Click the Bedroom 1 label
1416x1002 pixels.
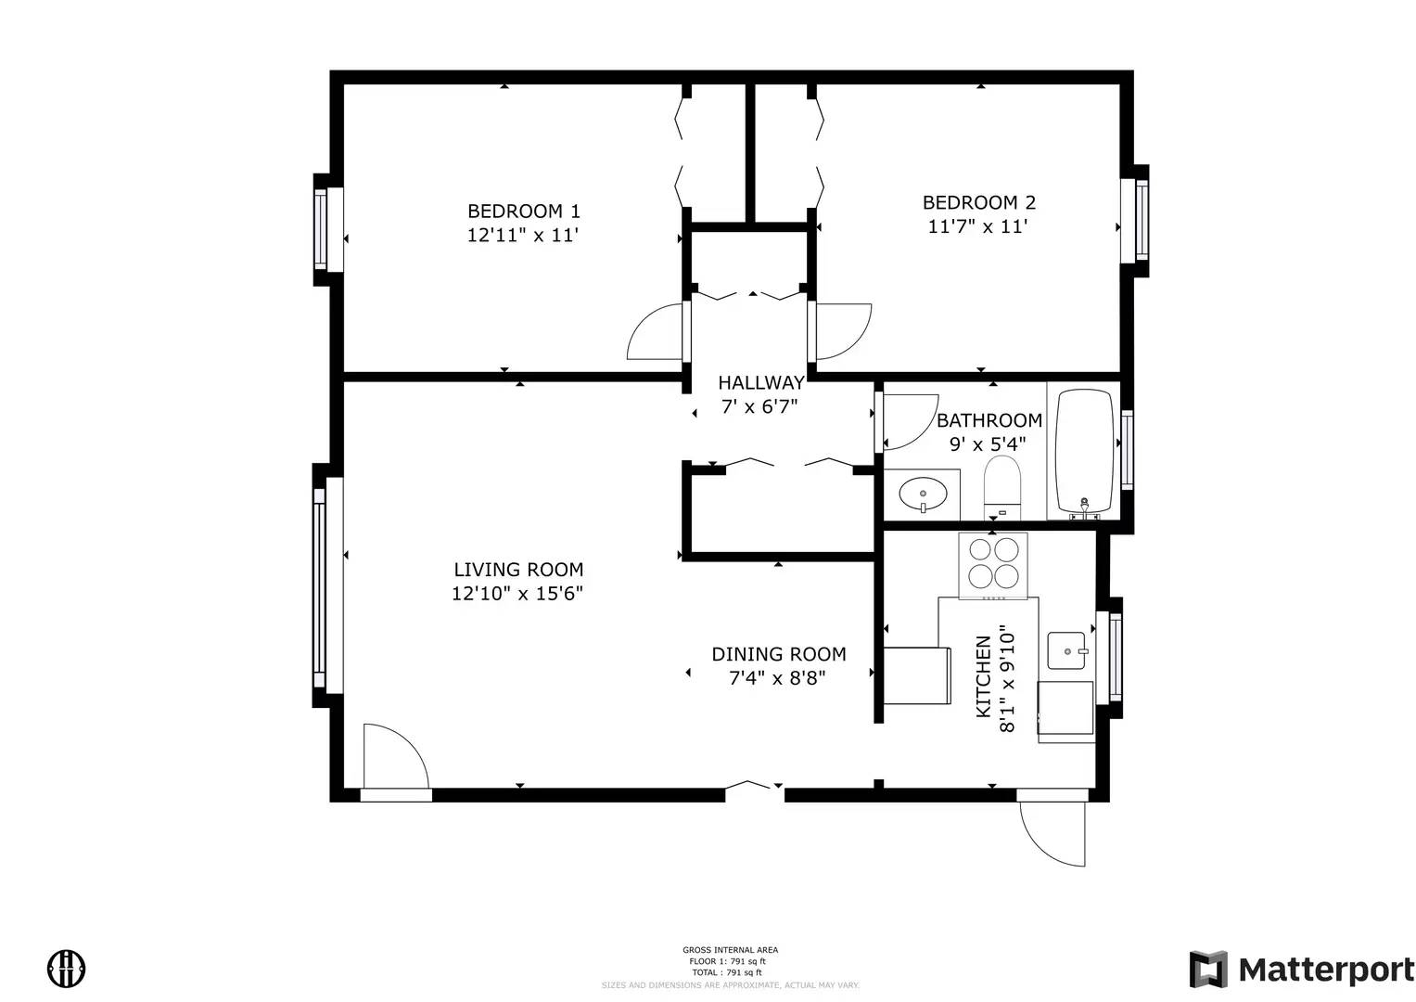pyautogui.click(x=523, y=212)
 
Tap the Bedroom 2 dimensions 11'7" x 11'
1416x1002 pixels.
pyautogui.click(x=978, y=226)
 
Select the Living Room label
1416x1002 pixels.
pyautogui.click(x=518, y=570)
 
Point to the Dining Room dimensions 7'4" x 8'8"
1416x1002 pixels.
pyautogui.click(x=777, y=678)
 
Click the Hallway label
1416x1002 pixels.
pyautogui.click(x=760, y=382)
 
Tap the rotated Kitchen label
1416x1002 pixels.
pyautogui.click(x=984, y=676)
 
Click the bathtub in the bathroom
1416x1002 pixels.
pyautogui.click(x=1084, y=452)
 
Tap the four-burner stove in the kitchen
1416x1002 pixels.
pyautogui.click(x=993, y=563)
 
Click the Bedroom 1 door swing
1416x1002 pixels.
pyautogui.click(x=657, y=333)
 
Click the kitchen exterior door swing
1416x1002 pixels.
pyautogui.click(x=1053, y=832)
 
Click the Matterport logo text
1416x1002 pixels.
pyautogui.click(x=1326, y=970)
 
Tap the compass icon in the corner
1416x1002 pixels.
pyautogui.click(x=67, y=969)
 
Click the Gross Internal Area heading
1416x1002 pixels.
pyautogui.click(x=730, y=950)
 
